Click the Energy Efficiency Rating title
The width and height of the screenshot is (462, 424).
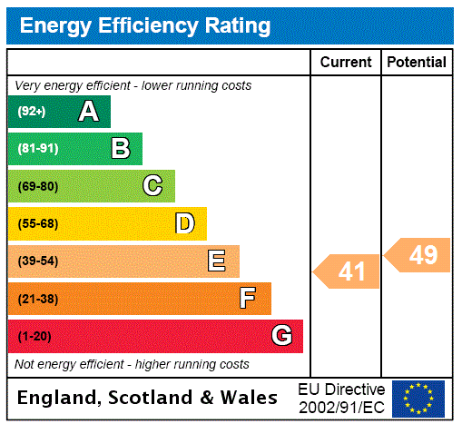145,26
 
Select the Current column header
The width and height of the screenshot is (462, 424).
346,63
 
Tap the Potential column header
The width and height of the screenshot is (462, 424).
417,63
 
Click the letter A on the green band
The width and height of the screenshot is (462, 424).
88,112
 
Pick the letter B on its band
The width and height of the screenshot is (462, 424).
120,149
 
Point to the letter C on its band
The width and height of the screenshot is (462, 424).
152,186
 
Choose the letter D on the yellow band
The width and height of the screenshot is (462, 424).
184,223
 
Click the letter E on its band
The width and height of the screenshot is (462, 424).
217,261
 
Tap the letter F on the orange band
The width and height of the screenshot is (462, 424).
248,299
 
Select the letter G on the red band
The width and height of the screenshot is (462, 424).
281,336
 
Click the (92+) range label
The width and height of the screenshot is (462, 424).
32,112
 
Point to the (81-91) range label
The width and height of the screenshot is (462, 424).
37,149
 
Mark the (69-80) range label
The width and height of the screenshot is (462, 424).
37,186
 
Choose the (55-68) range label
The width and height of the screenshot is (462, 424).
37,223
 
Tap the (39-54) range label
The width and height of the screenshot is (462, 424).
37,261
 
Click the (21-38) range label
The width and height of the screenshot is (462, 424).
37,299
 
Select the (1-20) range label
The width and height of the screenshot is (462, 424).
34,336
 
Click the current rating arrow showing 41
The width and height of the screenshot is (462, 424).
348,271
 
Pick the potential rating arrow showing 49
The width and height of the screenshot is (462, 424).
418,255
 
